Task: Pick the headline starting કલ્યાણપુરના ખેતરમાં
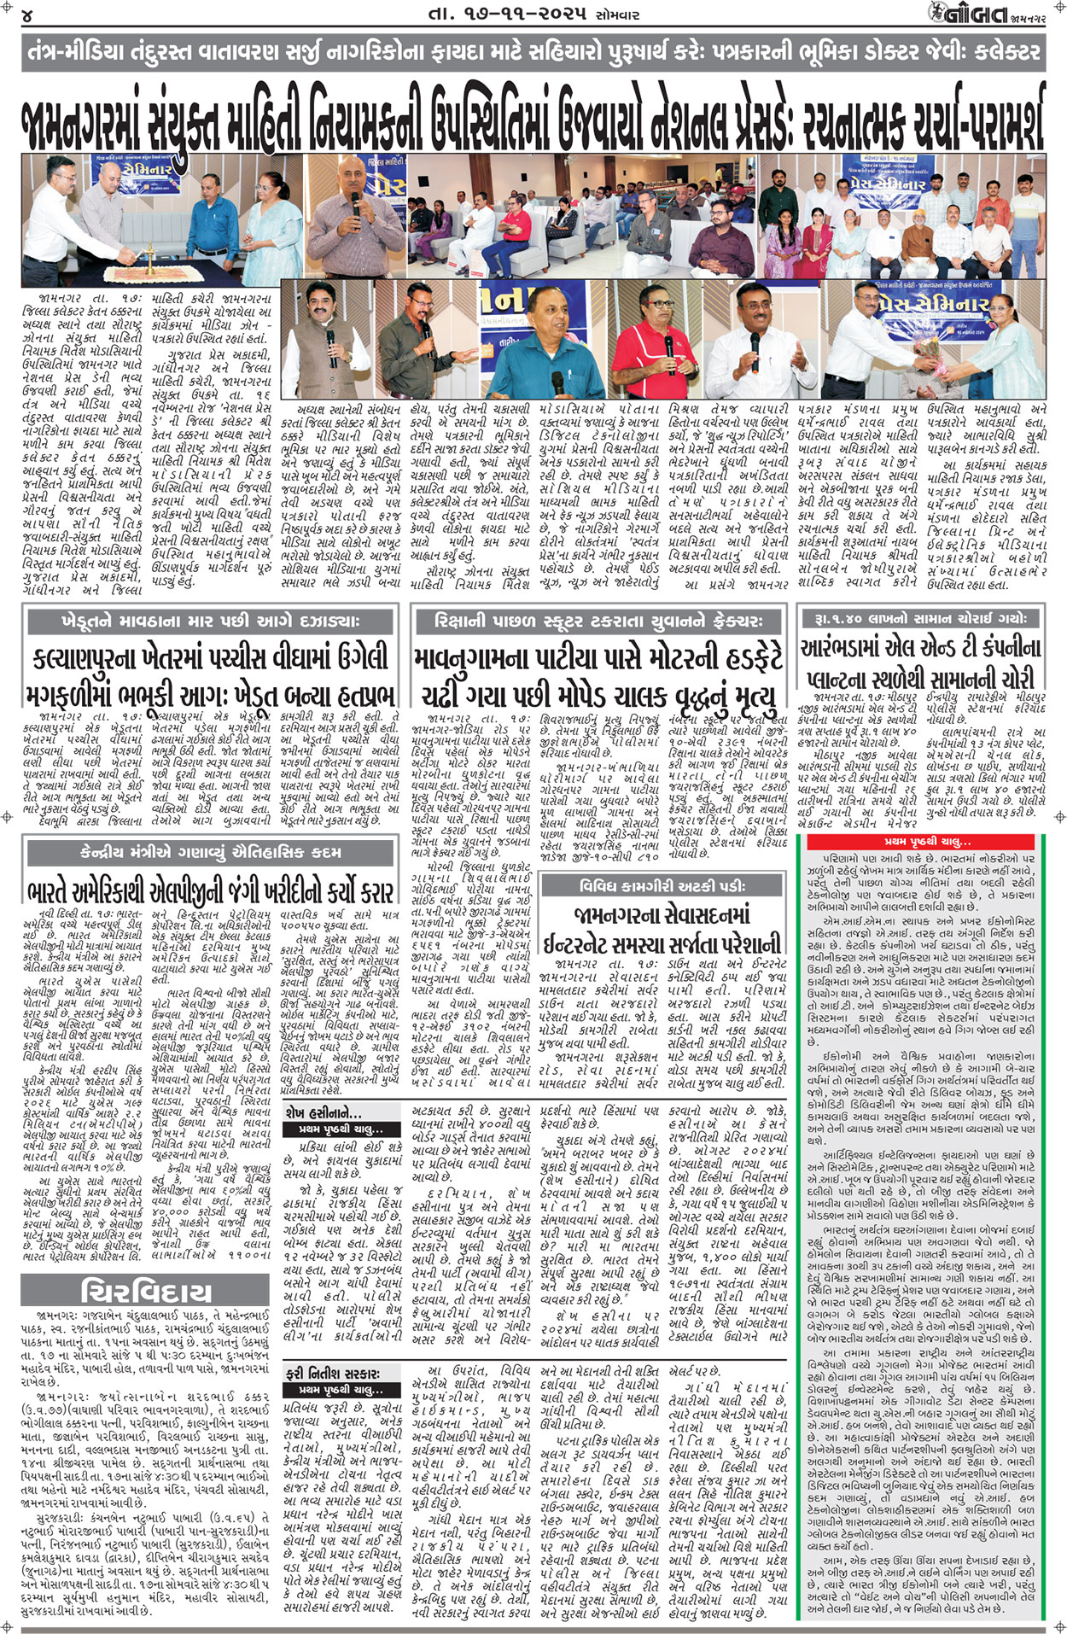(210, 658)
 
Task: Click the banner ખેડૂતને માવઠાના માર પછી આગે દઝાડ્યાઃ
(210, 622)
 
